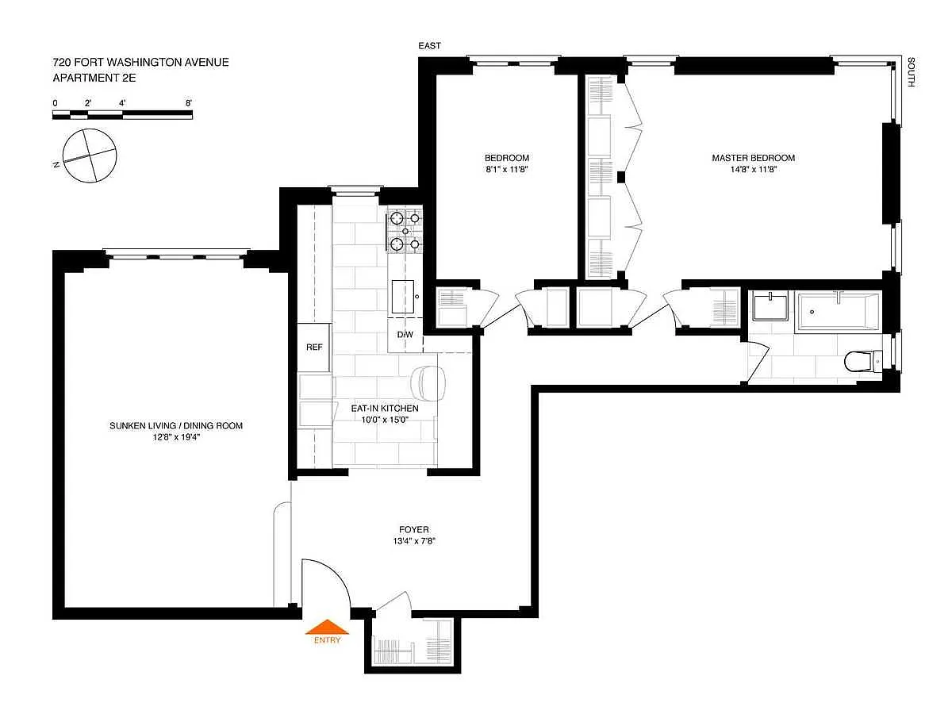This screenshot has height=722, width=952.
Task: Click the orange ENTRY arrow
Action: [x=327, y=627]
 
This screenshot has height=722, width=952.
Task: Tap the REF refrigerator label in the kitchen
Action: [x=314, y=347]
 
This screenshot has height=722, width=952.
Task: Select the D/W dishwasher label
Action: [x=405, y=334]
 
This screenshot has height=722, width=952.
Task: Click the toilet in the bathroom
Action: [x=862, y=361]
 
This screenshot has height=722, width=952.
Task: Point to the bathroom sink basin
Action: [x=770, y=307]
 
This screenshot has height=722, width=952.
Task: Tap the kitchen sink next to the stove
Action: [x=402, y=297]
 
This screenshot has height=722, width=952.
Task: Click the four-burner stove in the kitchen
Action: [x=405, y=231]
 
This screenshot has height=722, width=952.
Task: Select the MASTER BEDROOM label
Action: [x=753, y=158]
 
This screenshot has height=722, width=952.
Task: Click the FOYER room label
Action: [x=414, y=529]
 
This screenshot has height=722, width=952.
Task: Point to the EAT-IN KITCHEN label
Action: [x=385, y=408]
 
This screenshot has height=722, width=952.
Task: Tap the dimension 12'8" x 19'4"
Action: [x=175, y=437]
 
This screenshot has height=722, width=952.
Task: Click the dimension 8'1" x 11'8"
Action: [x=507, y=169]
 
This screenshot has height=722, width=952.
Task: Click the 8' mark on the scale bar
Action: [x=188, y=103]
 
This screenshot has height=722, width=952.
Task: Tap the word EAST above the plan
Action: [x=429, y=45]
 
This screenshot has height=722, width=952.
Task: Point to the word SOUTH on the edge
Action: [x=911, y=71]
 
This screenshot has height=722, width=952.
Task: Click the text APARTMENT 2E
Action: [x=94, y=78]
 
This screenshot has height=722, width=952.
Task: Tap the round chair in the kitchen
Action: [x=428, y=383]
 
